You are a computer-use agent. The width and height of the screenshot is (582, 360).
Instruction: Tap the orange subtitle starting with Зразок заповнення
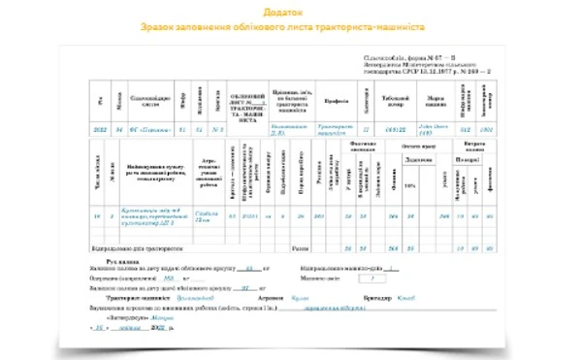[290, 26]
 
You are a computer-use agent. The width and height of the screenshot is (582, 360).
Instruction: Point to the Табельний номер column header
[392, 98]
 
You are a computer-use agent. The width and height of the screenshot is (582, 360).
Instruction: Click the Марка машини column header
[434, 98]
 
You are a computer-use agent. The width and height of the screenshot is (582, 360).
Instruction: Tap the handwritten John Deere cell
[434, 127]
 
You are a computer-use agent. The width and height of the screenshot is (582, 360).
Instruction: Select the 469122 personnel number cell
[392, 127]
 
